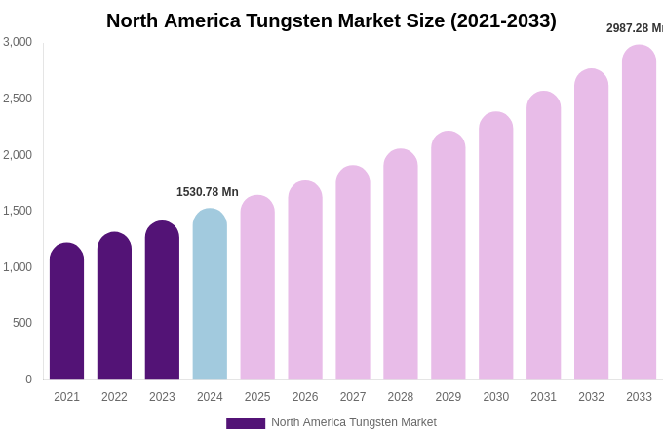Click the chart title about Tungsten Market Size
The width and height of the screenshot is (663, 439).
pos(331,20)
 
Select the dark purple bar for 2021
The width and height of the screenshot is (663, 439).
pos(66,312)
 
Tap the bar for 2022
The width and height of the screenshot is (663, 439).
pos(114,306)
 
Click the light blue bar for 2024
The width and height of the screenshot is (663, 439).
pos(210,295)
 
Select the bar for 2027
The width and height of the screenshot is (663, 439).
pos(353,273)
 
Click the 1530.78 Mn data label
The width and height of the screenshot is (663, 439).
pos(208,192)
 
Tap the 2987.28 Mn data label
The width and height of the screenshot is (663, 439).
pos(635,28)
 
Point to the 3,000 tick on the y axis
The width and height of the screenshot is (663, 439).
pos(18,42)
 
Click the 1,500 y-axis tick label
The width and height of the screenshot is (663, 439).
pos(18,211)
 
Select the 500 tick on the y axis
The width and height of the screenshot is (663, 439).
pos(22,323)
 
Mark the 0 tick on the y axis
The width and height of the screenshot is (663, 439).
pos(28,379)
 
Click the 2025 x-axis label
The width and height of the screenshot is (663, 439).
pos(257,397)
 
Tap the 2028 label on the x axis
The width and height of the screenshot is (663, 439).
pos(401,397)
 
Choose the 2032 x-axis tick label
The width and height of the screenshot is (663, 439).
pos(591,397)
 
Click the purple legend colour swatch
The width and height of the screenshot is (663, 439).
pos(246,423)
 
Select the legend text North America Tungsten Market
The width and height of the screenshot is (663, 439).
pos(354,422)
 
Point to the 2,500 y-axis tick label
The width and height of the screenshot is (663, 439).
pos(18,99)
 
